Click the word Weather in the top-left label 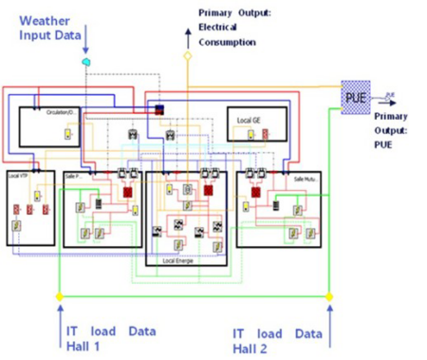tap(44, 20)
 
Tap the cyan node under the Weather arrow tap(85, 61)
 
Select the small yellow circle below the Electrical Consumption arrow tap(187, 56)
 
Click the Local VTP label tap(18, 178)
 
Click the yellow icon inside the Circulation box tap(66, 134)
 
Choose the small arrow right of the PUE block tap(389, 96)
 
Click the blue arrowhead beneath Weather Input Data tap(85, 48)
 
